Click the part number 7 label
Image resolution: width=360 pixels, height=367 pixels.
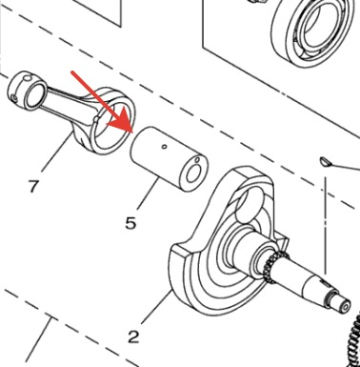pos(32,186)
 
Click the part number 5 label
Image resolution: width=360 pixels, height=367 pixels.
pos(130,223)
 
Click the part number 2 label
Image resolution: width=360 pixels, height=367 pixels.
pos(133,336)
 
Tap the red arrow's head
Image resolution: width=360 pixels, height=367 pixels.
pos(123,122)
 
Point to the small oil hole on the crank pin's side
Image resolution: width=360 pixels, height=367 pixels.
pos(164,147)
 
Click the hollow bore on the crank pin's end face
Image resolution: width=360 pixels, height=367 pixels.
pos(193,175)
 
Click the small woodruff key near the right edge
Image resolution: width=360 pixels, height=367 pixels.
pos(325,162)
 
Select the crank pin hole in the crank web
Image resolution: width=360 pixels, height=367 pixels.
pos(250,208)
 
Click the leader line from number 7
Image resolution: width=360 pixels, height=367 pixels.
pos(55,153)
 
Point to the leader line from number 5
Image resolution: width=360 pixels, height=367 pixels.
pos(149,194)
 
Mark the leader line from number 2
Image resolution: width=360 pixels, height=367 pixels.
pos(156,308)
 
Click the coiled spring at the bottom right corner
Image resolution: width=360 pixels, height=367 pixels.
pos(353,343)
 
